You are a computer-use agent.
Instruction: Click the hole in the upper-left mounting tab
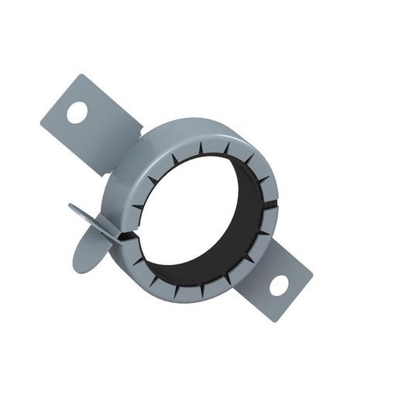(x=77, y=112)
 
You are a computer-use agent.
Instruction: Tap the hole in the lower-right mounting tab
(x=279, y=284)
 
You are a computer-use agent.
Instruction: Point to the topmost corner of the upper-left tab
(x=81, y=75)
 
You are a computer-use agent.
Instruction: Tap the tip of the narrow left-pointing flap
(x=70, y=206)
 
